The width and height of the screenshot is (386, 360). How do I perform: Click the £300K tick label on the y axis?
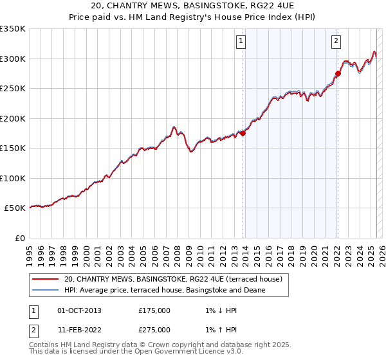click(x=12, y=59)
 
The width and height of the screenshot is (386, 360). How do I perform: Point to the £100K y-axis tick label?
click(x=12, y=178)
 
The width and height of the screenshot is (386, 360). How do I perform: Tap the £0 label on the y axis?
click(x=19, y=238)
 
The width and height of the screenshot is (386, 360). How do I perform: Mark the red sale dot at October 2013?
click(x=243, y=134)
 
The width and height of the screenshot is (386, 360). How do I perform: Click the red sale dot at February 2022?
click(x=338, y=74)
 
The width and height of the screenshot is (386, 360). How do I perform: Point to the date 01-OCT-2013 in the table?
click(x=79, y=310)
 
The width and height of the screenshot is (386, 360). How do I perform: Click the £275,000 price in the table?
click(x=154, y=330)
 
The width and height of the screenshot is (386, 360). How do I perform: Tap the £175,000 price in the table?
click(x=154, y=310)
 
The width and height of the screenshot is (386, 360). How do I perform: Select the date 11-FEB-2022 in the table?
click(x=79, y=330)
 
